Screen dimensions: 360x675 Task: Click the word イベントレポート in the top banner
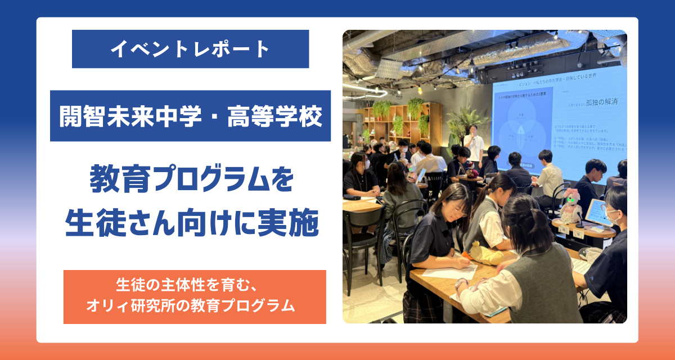(190, 49)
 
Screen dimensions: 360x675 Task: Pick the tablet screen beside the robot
(597, 213)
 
